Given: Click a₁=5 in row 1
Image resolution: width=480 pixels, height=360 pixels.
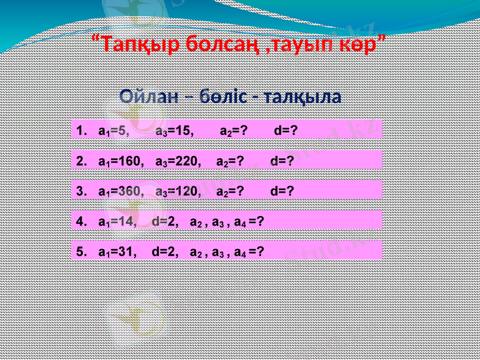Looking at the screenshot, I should (x=113, y=131).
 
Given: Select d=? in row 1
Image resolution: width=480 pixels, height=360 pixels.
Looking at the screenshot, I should (x=286, y=131).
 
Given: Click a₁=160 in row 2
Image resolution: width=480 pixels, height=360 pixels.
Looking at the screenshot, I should (x=120, y=161).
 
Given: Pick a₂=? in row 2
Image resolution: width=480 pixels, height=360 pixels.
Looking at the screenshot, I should (x=229, y=161).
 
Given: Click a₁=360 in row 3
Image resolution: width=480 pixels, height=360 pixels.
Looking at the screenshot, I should (x=120, y=191).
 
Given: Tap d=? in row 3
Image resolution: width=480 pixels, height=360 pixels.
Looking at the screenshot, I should (x=282, y=191).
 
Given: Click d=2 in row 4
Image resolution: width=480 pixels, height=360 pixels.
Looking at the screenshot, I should (x=166, y=221).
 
